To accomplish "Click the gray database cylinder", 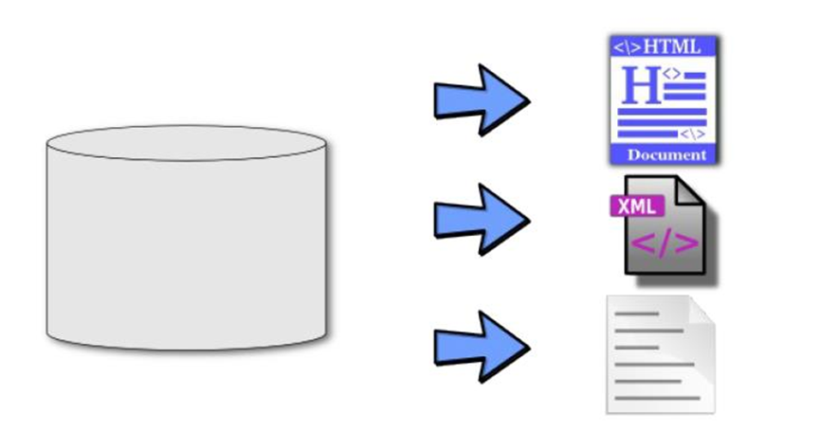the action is tap(187, 246).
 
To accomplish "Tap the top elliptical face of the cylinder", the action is tap(187, 143).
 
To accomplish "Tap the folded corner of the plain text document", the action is tap(700, 311).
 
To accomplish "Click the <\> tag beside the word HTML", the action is tap(627, 46).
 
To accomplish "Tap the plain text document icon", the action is tap(660, 354).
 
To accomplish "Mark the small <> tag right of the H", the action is tap(671, 73).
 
